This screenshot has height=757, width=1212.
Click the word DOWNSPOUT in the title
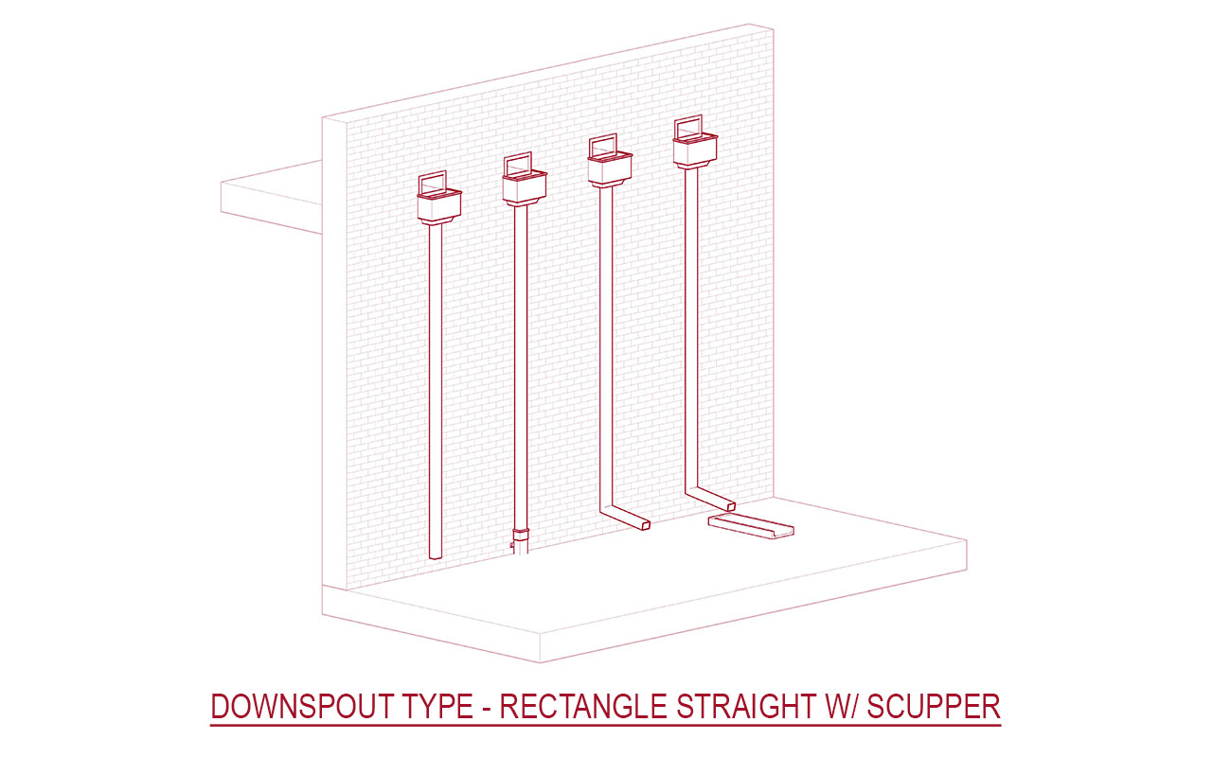(x=302, y=706)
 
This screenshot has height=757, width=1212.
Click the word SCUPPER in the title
(x=934, y=706)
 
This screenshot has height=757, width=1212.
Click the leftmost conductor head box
(x=439, y=207)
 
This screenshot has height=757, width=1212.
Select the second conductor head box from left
(x=525, y=188)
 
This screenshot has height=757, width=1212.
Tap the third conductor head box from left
(x=610, y=169)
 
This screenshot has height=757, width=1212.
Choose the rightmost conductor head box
(x=695, y=150)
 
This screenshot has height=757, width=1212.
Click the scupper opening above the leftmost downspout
(x=433, y=183)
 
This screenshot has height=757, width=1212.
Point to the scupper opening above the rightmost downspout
(x=688, y=127)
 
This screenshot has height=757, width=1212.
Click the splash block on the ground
(x=751, y=526)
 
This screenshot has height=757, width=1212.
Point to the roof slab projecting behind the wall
(x=272, y=198)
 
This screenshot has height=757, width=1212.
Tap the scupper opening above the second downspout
(x=518, y=165)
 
